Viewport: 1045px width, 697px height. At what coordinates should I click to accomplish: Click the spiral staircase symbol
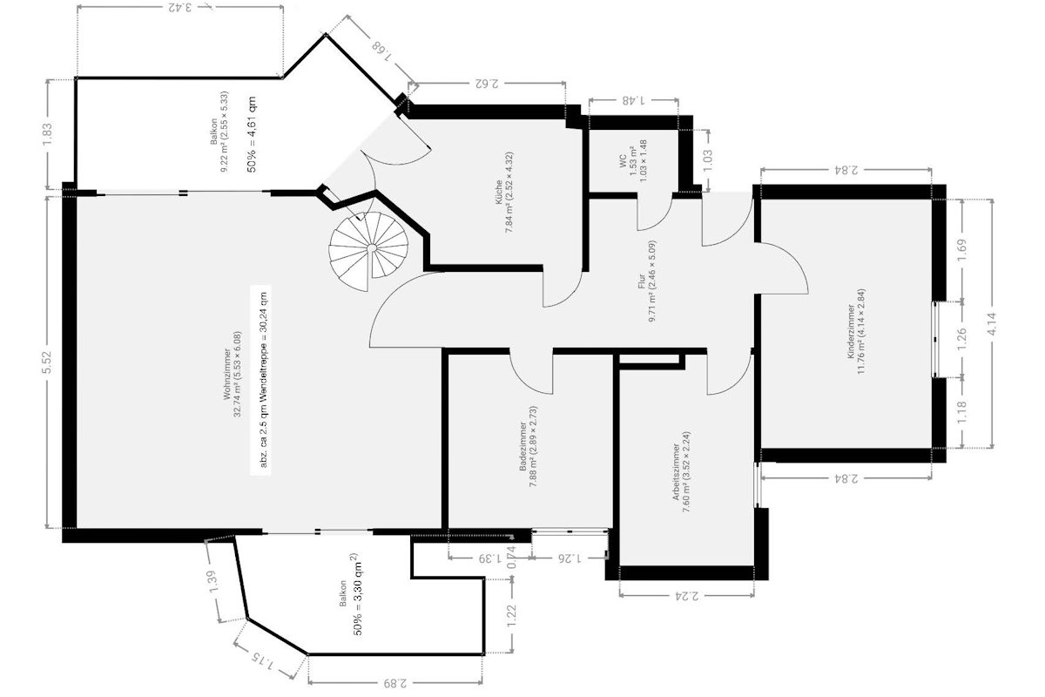[368, 248]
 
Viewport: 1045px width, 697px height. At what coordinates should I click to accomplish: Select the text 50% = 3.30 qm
[357, 594]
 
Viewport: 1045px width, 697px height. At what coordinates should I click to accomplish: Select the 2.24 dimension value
[685, 598]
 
